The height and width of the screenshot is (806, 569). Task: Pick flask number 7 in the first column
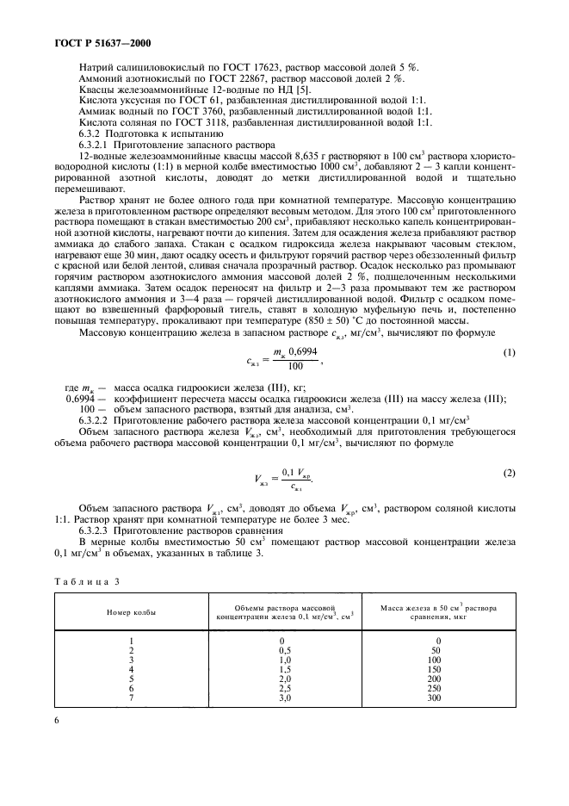[x=131, y=698]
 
